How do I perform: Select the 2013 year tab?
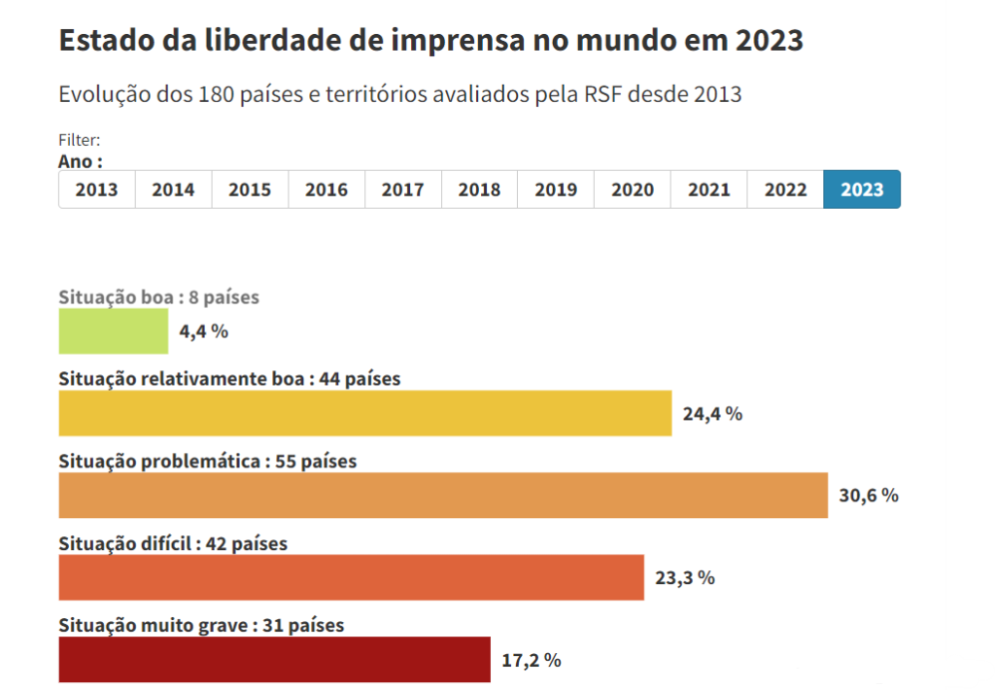coord(96,190)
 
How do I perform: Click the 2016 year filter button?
coord(326,190)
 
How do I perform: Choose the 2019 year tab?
coord(556,190)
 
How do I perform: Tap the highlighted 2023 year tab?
coord(862,190)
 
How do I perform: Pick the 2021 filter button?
coord(709,190)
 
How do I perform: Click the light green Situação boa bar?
coord(113,331)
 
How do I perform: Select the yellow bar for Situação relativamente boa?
coord(364,413)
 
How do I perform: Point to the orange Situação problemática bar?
coord(443,495)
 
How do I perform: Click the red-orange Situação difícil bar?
coord(351,577)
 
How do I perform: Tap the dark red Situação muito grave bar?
coord(274,660)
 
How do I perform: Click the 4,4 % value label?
coord(204,331)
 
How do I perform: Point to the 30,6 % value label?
coord(869,496)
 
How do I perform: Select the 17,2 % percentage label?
coord(532,661)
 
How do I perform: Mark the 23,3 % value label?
coord(685,578)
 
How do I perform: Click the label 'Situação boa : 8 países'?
coord(158,297)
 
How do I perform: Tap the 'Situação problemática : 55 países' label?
coord(208,462)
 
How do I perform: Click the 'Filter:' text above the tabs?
coord(79,141)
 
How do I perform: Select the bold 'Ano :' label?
coord(81,160)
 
